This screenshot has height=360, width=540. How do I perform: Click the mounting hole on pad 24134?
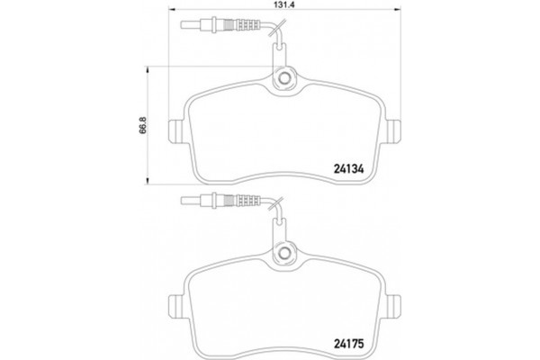pos(284,80)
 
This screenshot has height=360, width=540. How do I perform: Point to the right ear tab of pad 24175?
pos(395,307)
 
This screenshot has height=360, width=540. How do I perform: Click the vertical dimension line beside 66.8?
pos(148,135)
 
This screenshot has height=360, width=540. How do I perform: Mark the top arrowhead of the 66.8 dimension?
pos(148,67)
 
